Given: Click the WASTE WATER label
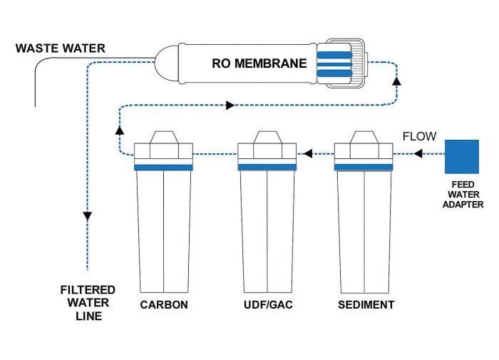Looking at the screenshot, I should click(x=60, y=48).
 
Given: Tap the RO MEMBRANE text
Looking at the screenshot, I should click(x=259, y=63).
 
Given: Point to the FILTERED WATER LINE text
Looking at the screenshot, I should click(x=87, y=302).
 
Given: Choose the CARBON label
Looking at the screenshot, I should click(x=164, y=305).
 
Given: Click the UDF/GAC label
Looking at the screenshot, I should click(x=267, y=305).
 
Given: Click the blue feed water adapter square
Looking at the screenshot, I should click(x=462, y=156).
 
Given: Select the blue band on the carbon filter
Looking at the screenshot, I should click(x=164, y=168).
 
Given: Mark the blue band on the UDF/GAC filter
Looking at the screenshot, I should click(x=267, y=168).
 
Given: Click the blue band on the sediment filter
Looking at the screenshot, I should click(x=364, y=168).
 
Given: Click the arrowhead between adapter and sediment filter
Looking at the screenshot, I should click(x=419, y=153).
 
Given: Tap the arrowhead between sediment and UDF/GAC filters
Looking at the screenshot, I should click(x=307, y=153).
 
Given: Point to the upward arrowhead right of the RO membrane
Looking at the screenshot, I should click(x=396, y=81).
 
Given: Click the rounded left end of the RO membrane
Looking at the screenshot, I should click(x=166, y=63).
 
